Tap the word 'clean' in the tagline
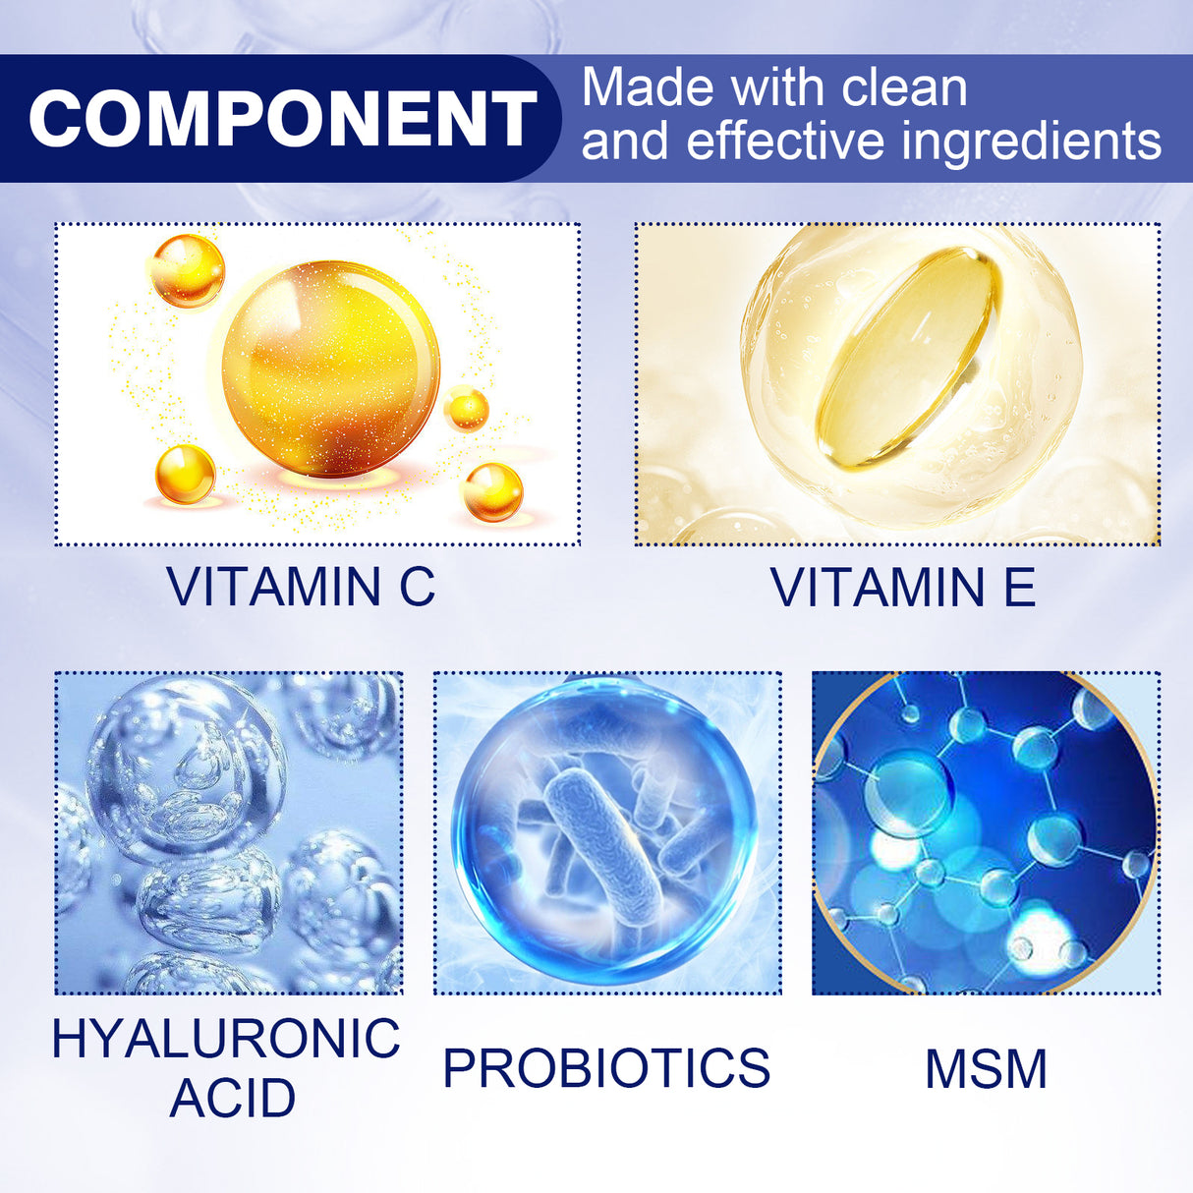(904, 88)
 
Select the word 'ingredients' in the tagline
(1032, 142)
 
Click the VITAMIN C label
(301, 588)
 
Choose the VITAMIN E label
(903, 588)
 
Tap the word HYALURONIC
(226, 1039)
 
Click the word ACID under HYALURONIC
(232, 1098)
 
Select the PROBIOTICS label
(606, 1069)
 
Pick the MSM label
(986, 1070)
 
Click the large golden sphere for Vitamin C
(330, 369)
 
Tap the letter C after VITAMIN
(417, 588)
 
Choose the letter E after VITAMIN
(1018, 588)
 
